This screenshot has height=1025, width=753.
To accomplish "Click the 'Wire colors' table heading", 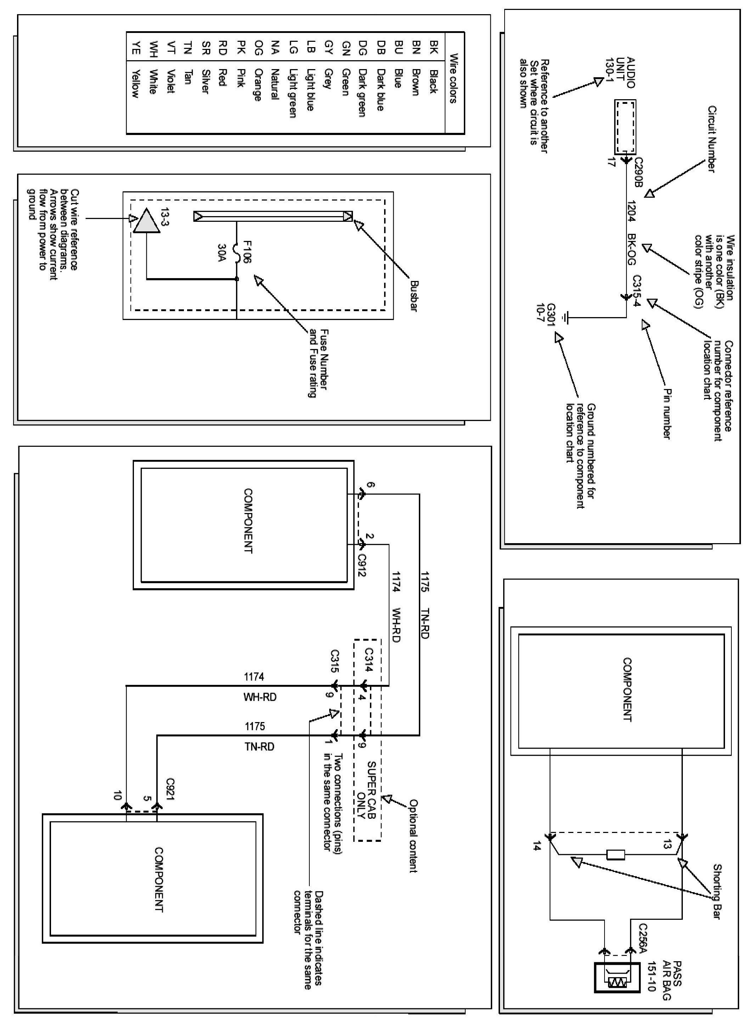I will pos(454,78).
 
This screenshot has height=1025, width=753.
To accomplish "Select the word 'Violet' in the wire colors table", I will pos(171,81).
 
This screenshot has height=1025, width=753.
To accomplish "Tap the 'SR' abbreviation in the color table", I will pos(206,47).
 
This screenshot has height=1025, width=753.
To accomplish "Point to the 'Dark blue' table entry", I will pos(381,90).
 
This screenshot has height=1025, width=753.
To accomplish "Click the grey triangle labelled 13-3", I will pos(147,221).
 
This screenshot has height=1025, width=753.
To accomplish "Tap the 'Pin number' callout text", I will pos(667,413).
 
